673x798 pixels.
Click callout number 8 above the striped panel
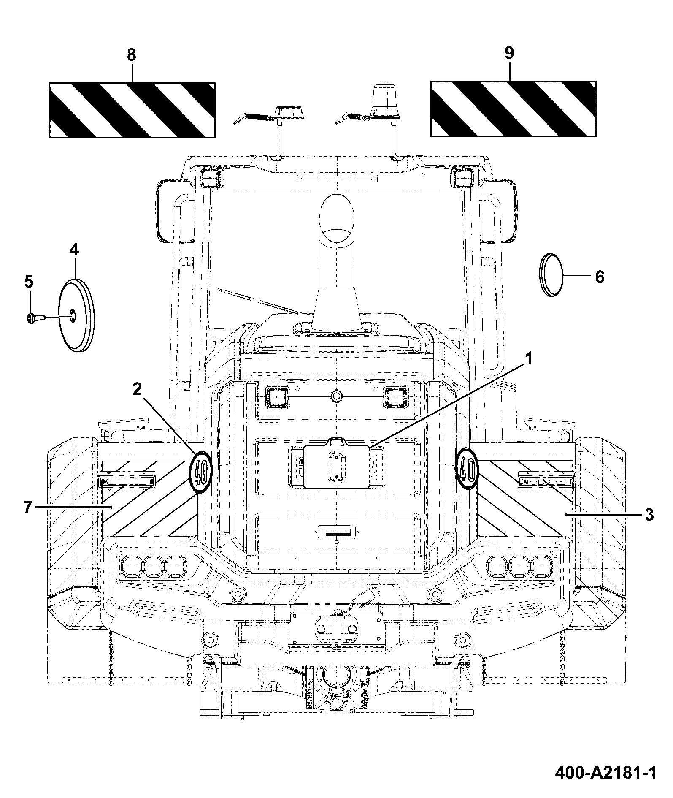tap(131, 55)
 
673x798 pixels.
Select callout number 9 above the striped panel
tap(509, 53)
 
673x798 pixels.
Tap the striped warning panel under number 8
tap(132, 110)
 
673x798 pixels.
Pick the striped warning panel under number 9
tap(514, 109)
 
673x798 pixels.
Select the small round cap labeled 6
tap(551, 275)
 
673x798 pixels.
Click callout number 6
tap(599, 277)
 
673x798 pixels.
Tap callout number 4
tap(74, 250)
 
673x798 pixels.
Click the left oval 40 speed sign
tap(201, 472)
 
